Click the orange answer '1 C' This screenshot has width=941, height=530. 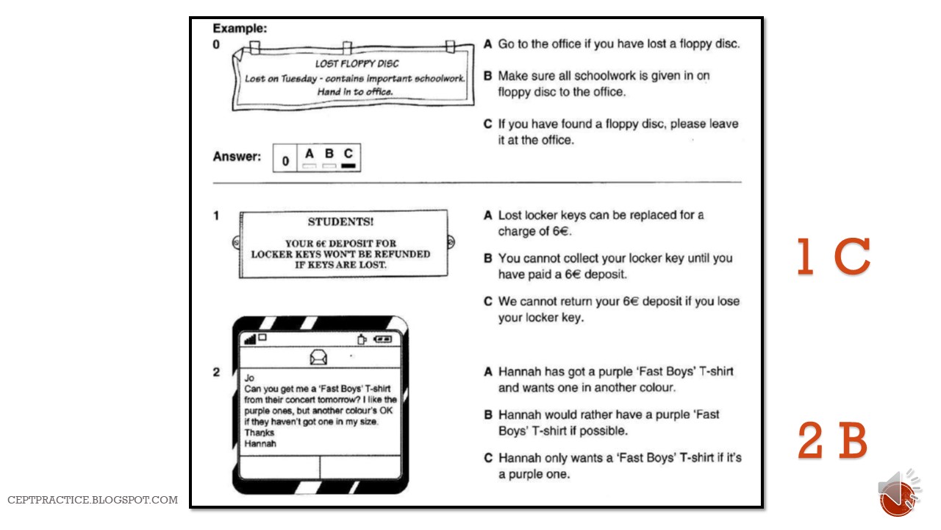[x=834, y=258]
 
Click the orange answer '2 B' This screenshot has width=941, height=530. [x=833, y=441]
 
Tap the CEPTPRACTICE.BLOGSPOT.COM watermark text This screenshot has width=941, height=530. [x=93, y=500]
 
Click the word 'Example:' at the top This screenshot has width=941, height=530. [x=240, y=29]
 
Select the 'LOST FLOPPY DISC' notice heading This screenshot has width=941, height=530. [x=357, y=63]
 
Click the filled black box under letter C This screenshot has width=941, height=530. [x=348, y=166]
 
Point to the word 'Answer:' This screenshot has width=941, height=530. [x=237, y=157]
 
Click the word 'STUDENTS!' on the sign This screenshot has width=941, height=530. [x=340, y=222]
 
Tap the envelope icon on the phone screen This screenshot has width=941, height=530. [x=319, y=358]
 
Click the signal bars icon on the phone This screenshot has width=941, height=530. [x=250, y=339]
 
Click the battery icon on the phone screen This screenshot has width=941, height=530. [x=383, y=339]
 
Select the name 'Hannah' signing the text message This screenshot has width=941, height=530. [x=260, y=444]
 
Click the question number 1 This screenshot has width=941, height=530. [x=216, y=216]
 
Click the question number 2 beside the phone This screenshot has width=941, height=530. [x=216, y=372]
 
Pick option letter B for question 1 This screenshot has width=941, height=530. [x=487, y=258]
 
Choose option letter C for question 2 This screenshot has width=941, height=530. [x=487, y=458]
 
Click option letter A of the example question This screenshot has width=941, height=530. [x=487, y=44]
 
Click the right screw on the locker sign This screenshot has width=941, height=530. [x=451, y=242]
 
